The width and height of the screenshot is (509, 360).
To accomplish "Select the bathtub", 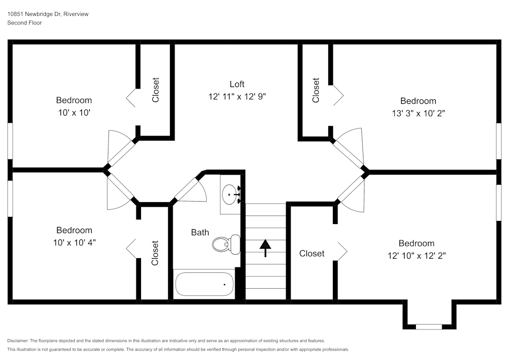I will point(204,284).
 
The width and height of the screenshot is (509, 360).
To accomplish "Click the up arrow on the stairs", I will point(265,248).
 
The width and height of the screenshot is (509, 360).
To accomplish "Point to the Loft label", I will point(237,84).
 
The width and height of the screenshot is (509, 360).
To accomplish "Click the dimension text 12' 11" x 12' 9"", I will point(237,96).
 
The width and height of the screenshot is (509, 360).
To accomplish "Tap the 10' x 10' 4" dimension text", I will point(74,242).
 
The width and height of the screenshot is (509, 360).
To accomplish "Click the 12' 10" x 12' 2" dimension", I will point(416,256).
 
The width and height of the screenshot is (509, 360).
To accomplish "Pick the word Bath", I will point(200,233).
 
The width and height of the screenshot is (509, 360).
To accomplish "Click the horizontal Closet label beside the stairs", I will point(312,253).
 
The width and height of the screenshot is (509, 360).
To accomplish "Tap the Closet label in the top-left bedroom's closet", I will point(156,90).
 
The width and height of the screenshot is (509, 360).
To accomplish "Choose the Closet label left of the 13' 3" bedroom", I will point(316,90).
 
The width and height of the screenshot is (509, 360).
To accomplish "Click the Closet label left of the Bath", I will point(155,253).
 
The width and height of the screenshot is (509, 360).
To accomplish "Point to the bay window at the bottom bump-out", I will point(429,326).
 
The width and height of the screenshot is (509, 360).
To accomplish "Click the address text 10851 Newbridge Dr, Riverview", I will point(48,14).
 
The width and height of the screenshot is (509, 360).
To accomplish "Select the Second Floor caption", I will point(24,23).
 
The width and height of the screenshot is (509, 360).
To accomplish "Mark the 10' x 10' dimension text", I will point(74,113).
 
